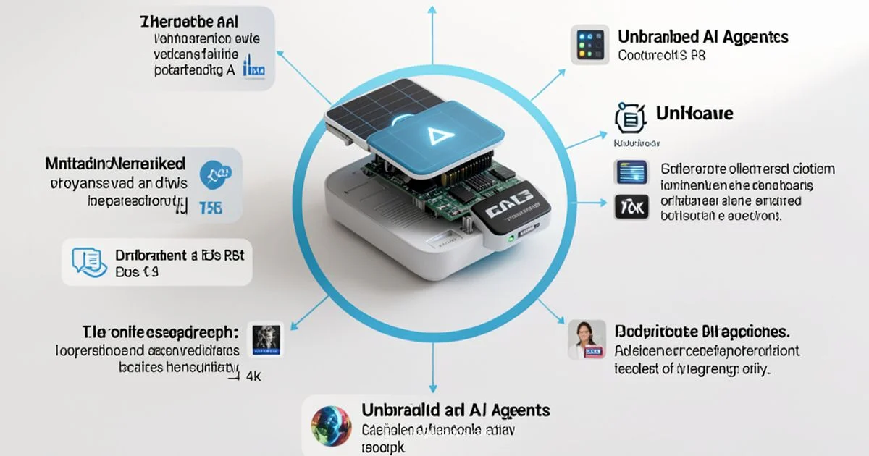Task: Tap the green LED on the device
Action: tap(511, 237)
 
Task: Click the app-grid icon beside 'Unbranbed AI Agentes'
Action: tap(588, 46)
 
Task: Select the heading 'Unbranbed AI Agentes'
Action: tap(702, 36)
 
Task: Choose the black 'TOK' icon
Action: tap(629, 208)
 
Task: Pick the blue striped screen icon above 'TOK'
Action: tap(629, 172)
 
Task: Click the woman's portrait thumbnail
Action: tap(586, 339)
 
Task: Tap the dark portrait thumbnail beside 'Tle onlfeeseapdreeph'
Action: tap(266, 338)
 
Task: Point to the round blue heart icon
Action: tap(214, 171)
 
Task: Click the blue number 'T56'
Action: tap(209, 208)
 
